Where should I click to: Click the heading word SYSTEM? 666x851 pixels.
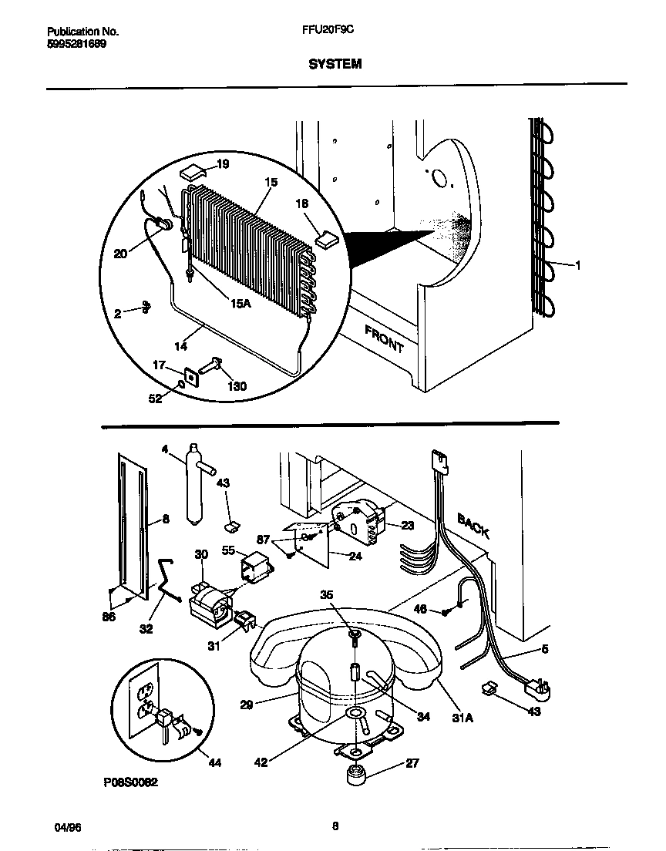(335, 65)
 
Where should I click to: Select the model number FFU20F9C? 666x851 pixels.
(333, 32)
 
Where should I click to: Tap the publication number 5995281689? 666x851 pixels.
(77, 44)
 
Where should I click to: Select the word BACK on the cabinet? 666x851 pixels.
(473, 525)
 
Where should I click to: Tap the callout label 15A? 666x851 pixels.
(241, 304)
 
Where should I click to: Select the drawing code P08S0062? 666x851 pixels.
(130, 782)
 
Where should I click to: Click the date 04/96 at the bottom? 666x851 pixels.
(68, 827)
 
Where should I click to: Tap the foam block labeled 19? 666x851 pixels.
(192, 170)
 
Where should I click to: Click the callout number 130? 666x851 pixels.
(237, 386)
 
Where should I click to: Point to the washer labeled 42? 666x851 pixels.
(355, 715)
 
